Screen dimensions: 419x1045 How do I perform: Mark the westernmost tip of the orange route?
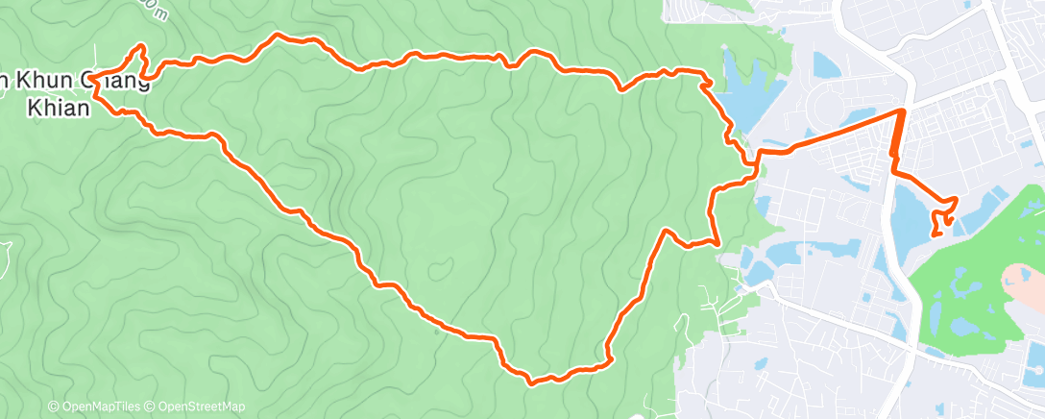(94, 83)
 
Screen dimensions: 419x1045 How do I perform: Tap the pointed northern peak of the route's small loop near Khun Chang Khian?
(142, 45)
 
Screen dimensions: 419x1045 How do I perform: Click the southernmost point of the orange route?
(530, 382)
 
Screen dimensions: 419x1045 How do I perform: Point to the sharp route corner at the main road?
(902, 111)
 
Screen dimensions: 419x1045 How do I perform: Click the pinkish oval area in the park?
(1024, 279)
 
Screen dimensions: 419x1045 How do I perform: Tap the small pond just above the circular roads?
(826, 65)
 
